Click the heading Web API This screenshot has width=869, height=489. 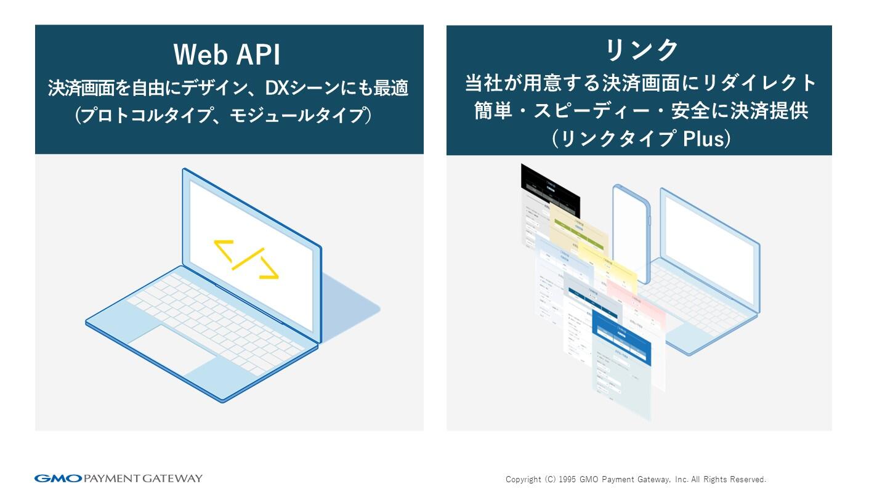click(x=227, y=55)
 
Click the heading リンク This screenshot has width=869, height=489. click(x=641, y=49)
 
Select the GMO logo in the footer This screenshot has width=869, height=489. click(x=58, y=479)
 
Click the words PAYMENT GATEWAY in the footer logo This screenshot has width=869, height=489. click(x=142, y=479)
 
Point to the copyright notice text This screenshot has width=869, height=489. click(x=636, y=479)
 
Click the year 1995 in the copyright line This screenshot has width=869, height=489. click(x=569, y=479)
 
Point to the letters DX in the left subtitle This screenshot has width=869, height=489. click(x=277, y=88)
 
